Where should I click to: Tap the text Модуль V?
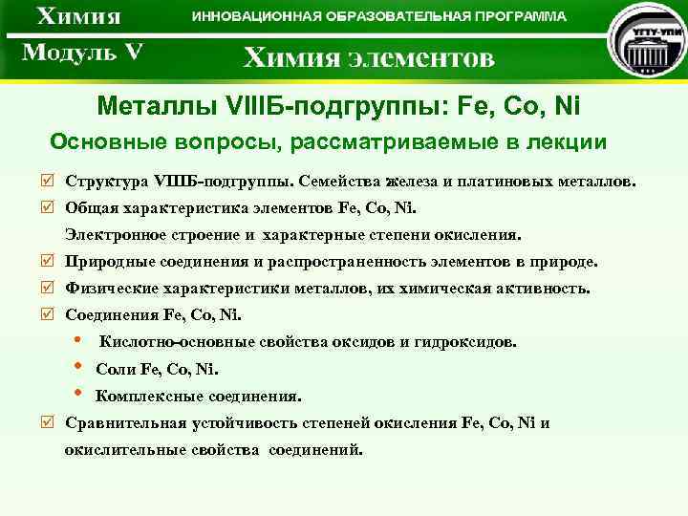82,53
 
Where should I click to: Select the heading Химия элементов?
369,58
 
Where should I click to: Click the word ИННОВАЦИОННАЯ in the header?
257,17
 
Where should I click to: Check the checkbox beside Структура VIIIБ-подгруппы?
50,181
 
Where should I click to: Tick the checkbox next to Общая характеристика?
50,206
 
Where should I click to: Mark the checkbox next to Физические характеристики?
50,288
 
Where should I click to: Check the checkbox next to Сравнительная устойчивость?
50,422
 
